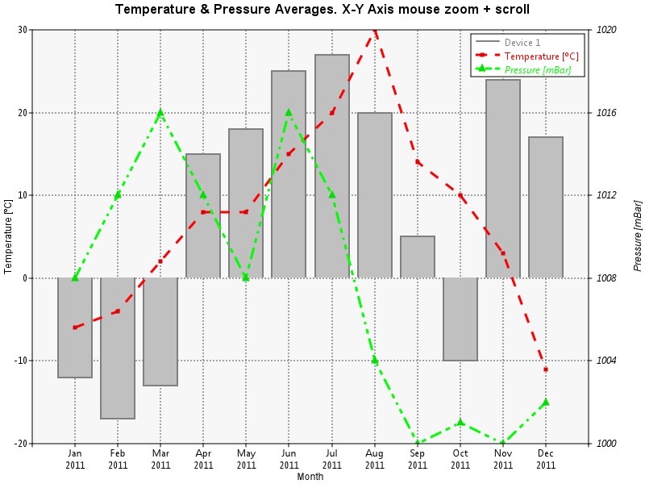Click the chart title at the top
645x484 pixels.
pyautogui.click(x=322, y=10)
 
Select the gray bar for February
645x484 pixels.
pyautogui.click(x=118, y=348)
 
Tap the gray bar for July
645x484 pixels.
pyautogui.click(x=332, y=166)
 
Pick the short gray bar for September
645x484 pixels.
pyautogui.click(x=418, y=257)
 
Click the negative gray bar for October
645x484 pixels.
pyautogui.click(x=460, y=319)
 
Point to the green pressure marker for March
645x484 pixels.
pyautogui.click(x=160, y=113)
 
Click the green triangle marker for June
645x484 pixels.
pyautogui.click(x=289, y=113)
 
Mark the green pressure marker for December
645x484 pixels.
pyautogui.click(x=546, y=402)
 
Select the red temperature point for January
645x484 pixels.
pyautogui.click(x=75, y=328)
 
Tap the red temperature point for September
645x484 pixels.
pyautogui.click(x=418, y=162)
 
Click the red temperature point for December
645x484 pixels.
pyautogui.click(x=546, y=369)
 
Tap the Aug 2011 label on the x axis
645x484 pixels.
pyautogui.click(x=375, y=459)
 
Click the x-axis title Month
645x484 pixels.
pyautogui.click(x=310, y=477)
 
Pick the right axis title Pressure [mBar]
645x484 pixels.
pyautogui.click(x=638, y=235)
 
